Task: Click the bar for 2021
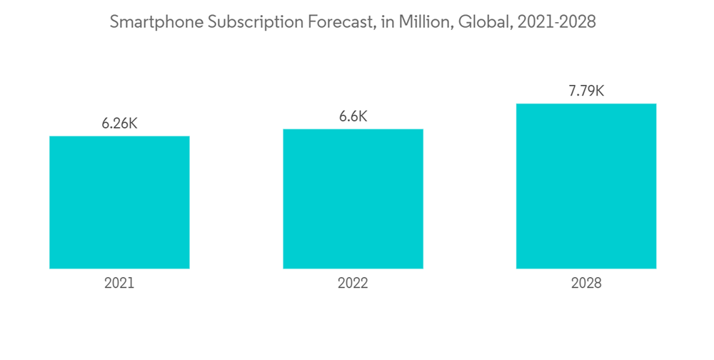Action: [x=119, y=202]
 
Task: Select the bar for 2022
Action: [x=353, y=199]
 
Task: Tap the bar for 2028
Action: [x=586, y=186]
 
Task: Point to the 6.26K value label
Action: [x=119, y=123]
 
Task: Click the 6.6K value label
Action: [x=353, y=116]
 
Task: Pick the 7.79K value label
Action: [x=586, y=91]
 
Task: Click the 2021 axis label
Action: [x=119, y=284]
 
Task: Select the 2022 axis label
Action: [x=353, y=284]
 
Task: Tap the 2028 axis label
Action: [x=586, y=284]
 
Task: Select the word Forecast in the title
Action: [x=330, y=23]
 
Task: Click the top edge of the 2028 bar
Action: [x=586, y=104]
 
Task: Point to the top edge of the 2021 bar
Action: [x=119, y=136]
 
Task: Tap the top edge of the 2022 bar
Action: [x=353, y=130]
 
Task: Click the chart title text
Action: [x=353, y=23]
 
